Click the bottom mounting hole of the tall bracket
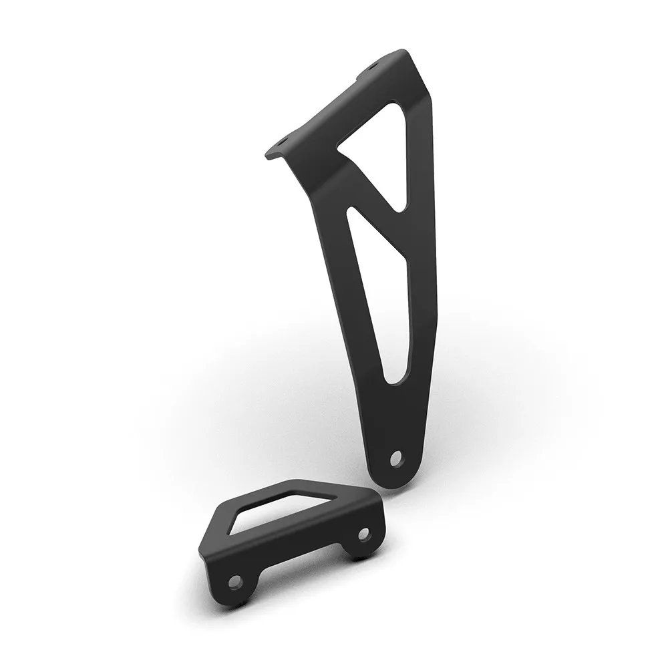pyautogui.click(x=397, y=458)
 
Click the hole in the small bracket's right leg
pyautogui.click(x=363, y=534)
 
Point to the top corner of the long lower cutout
pyautogui.click(x=350, y=212)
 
